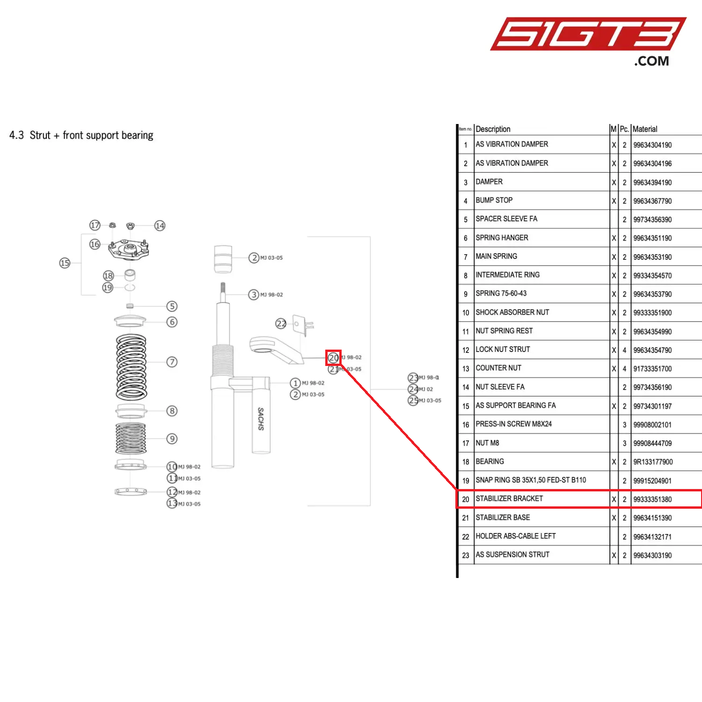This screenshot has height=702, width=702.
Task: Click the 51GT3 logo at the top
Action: coord(587,35)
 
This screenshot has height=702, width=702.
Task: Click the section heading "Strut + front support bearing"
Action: coord(91,135)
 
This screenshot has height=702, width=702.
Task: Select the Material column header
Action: coord(644,129)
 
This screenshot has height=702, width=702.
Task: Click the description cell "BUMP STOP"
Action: coord(494,200)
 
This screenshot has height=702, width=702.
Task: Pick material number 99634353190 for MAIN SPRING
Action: coord(652,257)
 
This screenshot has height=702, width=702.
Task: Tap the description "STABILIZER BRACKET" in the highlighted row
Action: coord(509,499)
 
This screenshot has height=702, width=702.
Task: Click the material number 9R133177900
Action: coord(652,462)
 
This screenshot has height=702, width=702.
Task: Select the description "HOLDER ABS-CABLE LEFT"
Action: coord(515,536)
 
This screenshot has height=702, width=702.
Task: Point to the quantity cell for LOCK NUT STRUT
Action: coord(624,350)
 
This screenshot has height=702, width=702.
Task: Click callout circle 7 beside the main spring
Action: coord(172,362)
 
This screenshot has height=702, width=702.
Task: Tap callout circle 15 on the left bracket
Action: coord(65,263)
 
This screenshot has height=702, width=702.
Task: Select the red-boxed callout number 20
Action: coord(333,358)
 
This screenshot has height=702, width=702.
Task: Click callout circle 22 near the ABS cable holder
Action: coord(280,323)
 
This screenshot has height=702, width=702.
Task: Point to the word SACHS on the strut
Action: coord(261,418)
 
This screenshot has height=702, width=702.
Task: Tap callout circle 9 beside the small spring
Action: coord(172,439)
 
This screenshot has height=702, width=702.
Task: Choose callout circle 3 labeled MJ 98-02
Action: coord(254,294)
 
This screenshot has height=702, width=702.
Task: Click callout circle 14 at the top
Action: coord(160,226)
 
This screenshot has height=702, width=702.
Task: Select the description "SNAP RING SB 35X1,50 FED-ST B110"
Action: coord(531,480)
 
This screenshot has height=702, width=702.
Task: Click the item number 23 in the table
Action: coord(465,556)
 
